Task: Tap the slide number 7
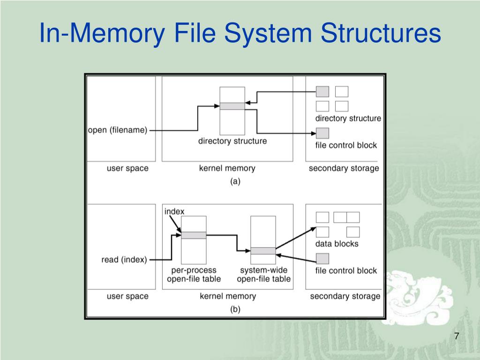click(x=457, y=337)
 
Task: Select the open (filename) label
click(x=118, y=130)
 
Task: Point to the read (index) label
click(x=124, y=259)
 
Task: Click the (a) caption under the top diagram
click(x=235, y=181)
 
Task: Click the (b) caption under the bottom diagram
click(x=235, y=309)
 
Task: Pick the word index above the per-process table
click(x=174, y=211)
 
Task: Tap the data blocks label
click(x=337, y=244)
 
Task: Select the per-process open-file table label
click(x=194, y=275)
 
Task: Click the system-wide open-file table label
click(x=263, y=275)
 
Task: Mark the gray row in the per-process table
click(x=194, y=235)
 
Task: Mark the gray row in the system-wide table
click(x=263, y=251)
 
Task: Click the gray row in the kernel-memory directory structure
click(x=232, y=106)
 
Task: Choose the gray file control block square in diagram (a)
click(x=322, y=133)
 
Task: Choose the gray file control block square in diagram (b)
click(x=322, y=258)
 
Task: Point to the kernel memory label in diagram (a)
click(x=227, y=168)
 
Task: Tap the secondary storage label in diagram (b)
click(x=345, y=296)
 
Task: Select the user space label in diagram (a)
click(x=127, y=168)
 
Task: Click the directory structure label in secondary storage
click(x=348, y=118)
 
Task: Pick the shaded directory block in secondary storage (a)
click(x=322, y=91)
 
